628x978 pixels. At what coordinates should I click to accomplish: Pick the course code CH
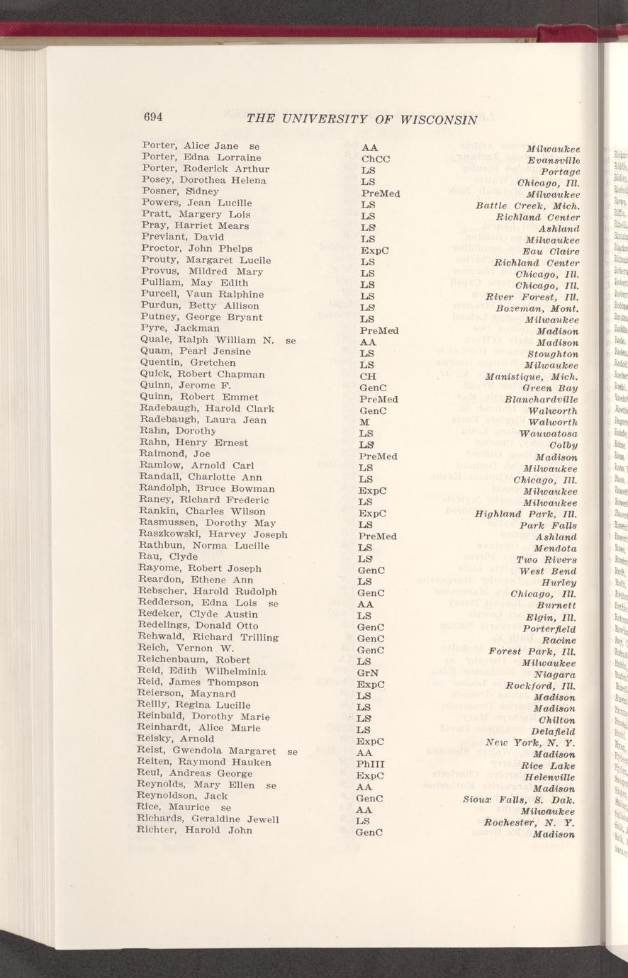[x=367, y=376]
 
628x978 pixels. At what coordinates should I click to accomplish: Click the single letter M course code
[x=363, y=422]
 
